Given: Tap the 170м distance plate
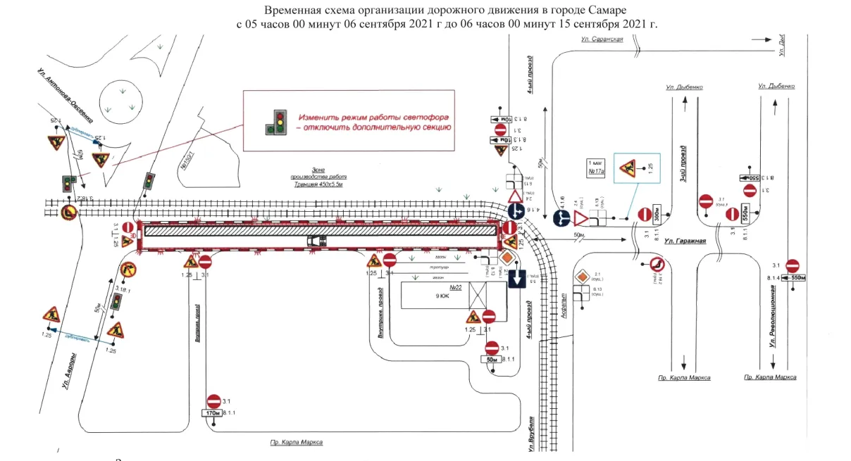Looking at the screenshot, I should coord(214,413).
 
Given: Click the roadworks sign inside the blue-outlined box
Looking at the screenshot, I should coord(626,169).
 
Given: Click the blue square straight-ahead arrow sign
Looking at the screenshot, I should coord(516,279).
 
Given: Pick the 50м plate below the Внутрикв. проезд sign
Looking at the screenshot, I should coord(492,360).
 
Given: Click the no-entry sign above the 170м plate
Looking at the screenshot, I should coord(214,400).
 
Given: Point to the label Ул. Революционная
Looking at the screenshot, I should coord(774,310).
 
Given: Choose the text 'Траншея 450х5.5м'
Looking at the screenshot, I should coord(320,184).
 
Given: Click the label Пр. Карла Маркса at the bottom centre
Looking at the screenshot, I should coord(297,443).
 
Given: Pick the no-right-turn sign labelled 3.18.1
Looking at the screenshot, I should coord(128,269).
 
